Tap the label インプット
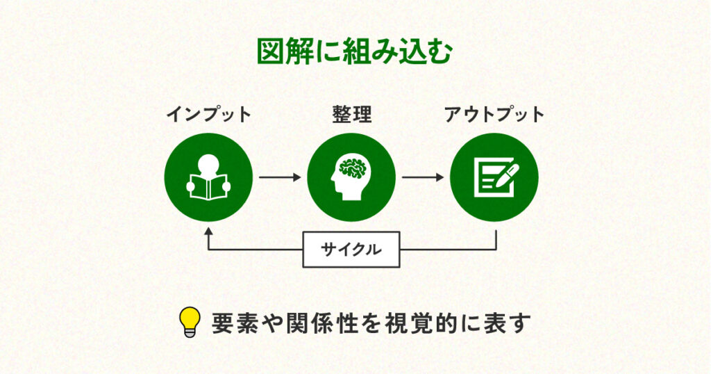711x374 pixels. tap(208, 115)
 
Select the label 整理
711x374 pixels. tap(351, 115)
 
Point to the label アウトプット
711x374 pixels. tap(494, 115)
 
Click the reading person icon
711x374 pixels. tap(208, 177)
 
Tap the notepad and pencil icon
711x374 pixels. tap(494, 177)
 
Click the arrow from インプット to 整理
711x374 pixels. tap(280, 177)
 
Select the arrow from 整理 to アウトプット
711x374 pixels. tap(423, 177)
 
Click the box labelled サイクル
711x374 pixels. tap(351, 250)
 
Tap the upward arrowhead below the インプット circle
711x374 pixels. tap(208, 234)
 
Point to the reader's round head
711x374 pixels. tap(208, 164)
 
